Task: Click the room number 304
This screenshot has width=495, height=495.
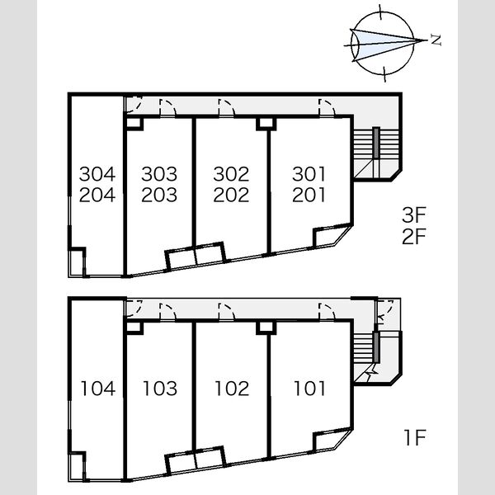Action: [97, 174]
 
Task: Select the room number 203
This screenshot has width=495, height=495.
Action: [159, 195]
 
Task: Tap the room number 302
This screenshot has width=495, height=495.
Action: [231, 174]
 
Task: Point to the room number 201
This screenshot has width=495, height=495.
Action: [309, 195]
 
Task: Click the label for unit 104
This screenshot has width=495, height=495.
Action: [98, 389]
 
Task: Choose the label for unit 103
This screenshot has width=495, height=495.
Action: [160, 389]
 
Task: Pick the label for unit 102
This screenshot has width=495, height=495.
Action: [232, 389]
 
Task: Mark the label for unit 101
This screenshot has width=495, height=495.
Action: [309, 389]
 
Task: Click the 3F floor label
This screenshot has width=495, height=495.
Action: [414, 214]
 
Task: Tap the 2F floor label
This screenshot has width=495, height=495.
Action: [414, 237]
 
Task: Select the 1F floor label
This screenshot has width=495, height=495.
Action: [415, 437]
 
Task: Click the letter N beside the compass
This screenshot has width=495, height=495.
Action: [436, 40]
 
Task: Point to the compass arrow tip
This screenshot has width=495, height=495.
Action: [427, 40]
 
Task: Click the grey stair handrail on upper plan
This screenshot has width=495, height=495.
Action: [376, 143]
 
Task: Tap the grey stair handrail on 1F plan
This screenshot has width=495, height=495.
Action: [376, 347]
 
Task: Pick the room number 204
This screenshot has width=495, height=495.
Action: [97, 195]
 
